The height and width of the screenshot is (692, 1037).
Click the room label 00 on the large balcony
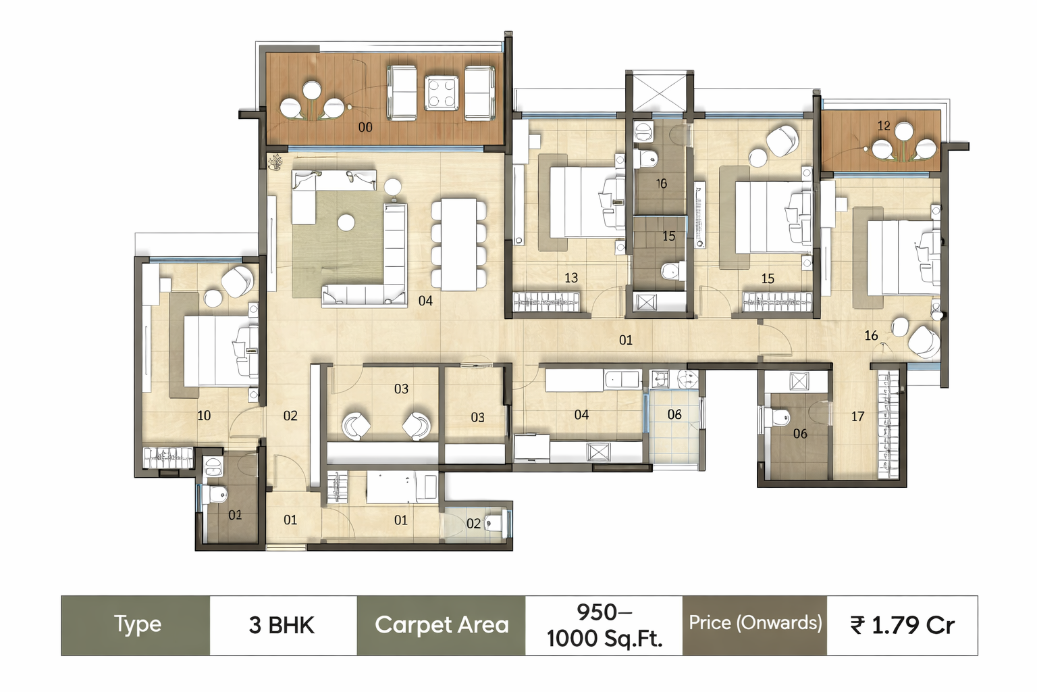coord(365,127)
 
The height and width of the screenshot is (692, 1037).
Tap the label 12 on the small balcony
coord(884,126)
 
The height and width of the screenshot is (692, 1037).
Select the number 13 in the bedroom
coord(571,278)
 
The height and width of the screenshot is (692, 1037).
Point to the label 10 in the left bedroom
coord(204,416)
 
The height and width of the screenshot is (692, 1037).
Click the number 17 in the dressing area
coord(857,417)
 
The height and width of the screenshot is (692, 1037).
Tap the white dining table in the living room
coord(459,244)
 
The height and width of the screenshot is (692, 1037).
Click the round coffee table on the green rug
coord(346,222)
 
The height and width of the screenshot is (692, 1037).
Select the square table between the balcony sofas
coord(442,93)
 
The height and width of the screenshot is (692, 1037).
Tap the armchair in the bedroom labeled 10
coord(238,282)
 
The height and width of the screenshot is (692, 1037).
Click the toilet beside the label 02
coord(496,522)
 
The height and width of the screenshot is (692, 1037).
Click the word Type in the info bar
coord(138,624)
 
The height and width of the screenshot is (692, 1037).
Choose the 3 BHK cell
coord(282,626)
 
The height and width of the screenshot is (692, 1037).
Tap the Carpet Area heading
coord(442,625)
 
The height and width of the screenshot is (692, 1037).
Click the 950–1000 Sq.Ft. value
coord(604,626)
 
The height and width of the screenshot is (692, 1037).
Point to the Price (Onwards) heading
coord(755,623)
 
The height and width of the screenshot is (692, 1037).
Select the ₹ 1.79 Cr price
coord(902,626)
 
